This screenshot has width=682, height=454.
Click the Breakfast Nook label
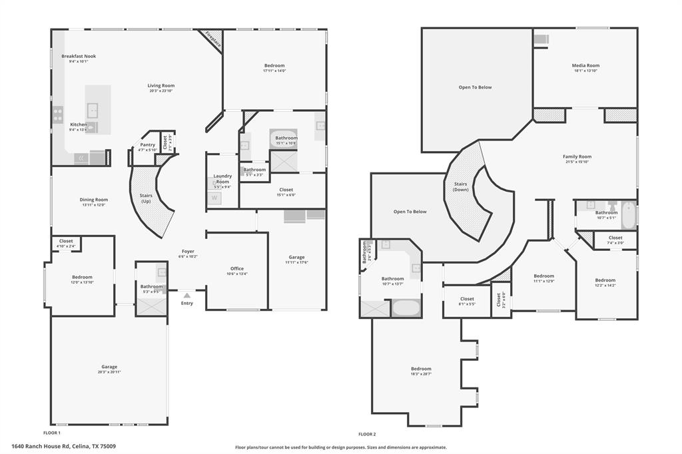[79, 57]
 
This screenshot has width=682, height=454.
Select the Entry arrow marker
[186, 295]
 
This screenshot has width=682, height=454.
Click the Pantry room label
[148, 144]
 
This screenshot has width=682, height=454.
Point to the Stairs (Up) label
[146, 198]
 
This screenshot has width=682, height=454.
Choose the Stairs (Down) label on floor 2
[460, 186]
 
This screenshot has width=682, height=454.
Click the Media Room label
[585, 65]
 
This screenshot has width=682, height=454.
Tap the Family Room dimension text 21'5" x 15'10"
[577, 162]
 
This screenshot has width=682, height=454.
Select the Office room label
[237, 268]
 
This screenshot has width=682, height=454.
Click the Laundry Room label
[222, 178]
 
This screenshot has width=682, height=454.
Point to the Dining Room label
[94, 200]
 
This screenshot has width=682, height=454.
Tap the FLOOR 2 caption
[367, 433]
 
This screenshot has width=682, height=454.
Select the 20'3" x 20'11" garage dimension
[109, 372]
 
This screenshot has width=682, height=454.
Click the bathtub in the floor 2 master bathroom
[406, 308]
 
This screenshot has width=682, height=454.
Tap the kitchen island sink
[93, 110]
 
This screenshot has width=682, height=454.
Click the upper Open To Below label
[475, 87]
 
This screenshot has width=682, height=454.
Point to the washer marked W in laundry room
[214, 197]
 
